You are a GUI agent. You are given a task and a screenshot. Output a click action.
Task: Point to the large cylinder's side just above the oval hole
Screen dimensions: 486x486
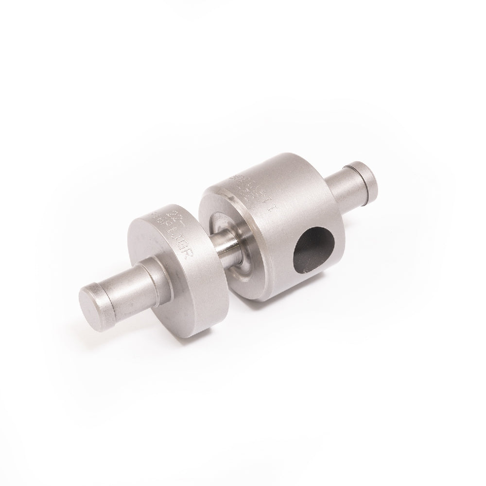[301, 214]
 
